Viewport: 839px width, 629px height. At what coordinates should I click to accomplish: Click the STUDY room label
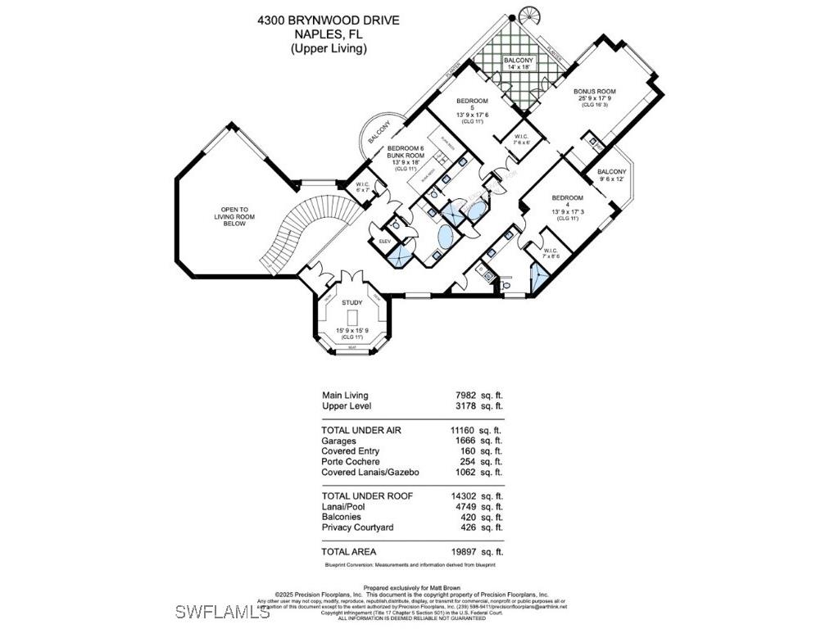(351, 303)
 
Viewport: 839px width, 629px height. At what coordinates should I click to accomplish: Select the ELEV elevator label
(384, 242)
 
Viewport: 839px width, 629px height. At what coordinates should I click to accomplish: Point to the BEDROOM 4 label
(567, 198)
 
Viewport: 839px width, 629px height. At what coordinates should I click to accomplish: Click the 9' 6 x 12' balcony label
(611, 171)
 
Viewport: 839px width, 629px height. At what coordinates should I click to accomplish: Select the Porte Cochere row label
(351, 462)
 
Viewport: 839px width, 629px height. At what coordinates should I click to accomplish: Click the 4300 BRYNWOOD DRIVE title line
(329, 19)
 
